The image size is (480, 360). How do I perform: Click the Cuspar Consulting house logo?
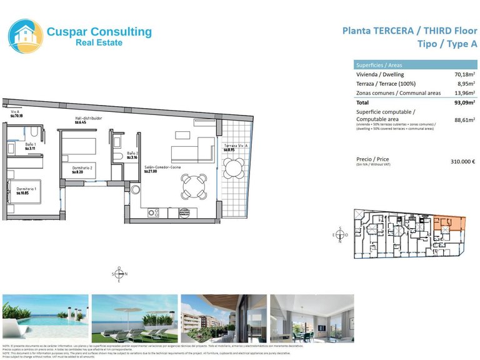pyautogui.click(x=26, y=36)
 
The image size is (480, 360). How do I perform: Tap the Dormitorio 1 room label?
pyautogui.click(x=26, y=191)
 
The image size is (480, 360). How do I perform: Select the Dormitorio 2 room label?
pyautogui.click(x=82, y=169)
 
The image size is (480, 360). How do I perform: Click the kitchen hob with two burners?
pyautogui.click(x=154, y=213)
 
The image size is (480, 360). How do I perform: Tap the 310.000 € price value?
pyautogui.click(x=462, y=161)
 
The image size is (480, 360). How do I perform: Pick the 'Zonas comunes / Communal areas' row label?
pyautogui.click(x=394, y=93)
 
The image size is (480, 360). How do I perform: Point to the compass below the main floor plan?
pyautogui.click(x=119, y=274)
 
